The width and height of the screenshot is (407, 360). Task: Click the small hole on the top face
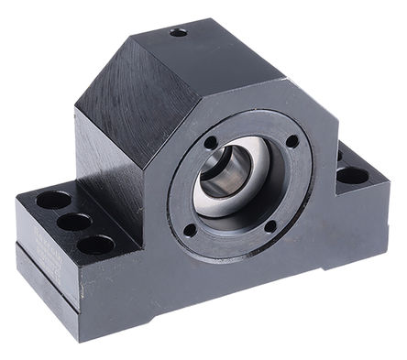178,32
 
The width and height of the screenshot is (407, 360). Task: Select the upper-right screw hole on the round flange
291,141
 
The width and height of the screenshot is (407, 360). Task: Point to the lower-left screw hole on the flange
190,230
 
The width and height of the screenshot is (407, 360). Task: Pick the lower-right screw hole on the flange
270,227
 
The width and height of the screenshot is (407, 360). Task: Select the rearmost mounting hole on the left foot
53,200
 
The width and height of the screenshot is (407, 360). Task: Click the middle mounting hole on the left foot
73,222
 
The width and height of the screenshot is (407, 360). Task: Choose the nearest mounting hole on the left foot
95,245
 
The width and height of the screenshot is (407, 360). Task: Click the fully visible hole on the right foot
352,175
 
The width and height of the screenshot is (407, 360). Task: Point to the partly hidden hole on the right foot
339,155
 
